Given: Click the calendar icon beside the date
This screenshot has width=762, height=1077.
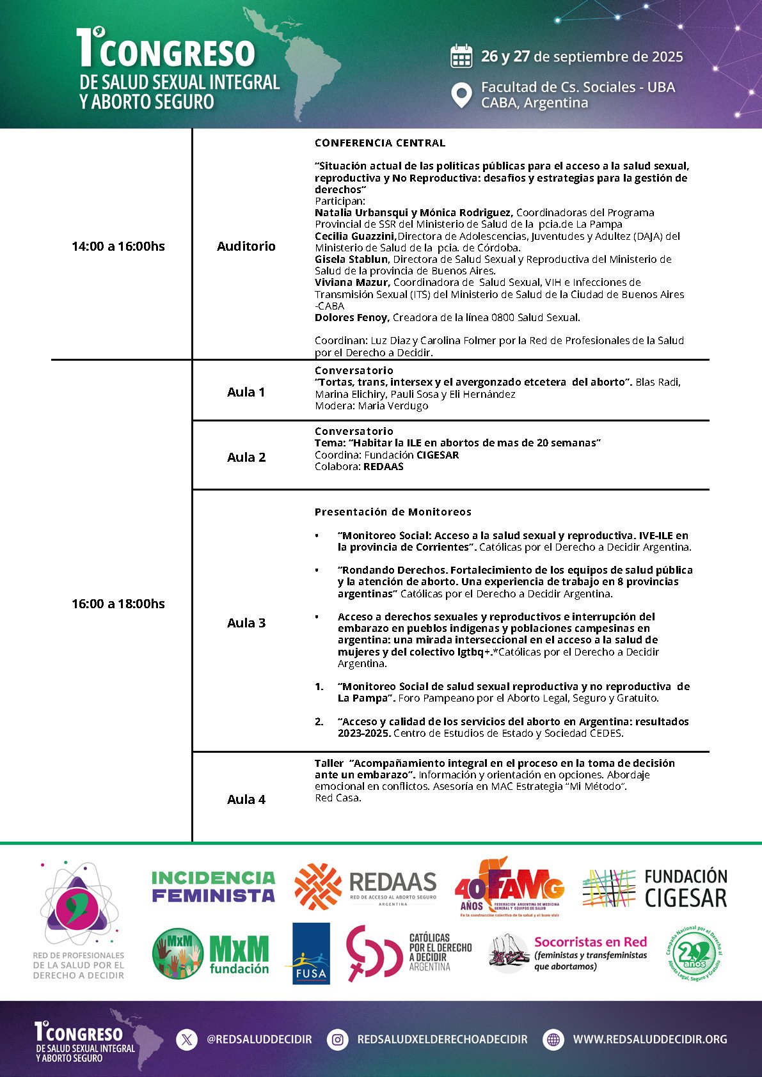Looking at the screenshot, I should coord(461,56).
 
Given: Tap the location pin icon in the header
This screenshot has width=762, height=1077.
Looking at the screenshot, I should coord(461,95).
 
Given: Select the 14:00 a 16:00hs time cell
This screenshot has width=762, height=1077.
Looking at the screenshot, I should coord(118,246).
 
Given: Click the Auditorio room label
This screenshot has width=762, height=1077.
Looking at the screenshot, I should coord(246,246).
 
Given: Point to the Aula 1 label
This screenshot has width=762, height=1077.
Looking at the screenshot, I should coord(246,392).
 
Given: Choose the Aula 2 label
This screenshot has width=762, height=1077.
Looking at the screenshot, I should coord(246,457).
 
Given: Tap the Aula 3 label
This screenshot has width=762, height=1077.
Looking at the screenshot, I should coord(246,623).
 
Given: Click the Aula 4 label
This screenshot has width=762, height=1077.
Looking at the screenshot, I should coord(246,799).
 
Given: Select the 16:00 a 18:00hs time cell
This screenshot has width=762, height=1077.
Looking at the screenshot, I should coord(118,604).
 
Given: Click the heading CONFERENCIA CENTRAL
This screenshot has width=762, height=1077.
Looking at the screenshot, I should coord(380,143).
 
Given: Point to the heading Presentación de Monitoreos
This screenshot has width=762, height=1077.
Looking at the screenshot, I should coord(393,512).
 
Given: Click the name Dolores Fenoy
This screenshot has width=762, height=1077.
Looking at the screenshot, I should coord(351,318).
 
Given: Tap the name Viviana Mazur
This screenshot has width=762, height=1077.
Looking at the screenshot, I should coord(351,282).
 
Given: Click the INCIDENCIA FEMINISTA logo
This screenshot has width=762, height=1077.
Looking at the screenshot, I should coord(213,886).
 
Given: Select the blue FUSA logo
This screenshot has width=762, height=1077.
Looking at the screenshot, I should coord(311,953).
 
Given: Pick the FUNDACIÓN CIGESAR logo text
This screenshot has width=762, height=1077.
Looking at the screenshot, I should coord(686,888).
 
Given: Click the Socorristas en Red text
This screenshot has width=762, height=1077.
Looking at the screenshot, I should coord(591,942).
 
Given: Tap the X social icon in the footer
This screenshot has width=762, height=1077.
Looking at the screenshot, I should coord(186,1039).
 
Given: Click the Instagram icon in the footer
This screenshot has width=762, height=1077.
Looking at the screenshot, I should coord(337,1039).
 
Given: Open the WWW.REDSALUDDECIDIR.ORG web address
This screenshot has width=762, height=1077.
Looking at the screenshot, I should coord(650,1039).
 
